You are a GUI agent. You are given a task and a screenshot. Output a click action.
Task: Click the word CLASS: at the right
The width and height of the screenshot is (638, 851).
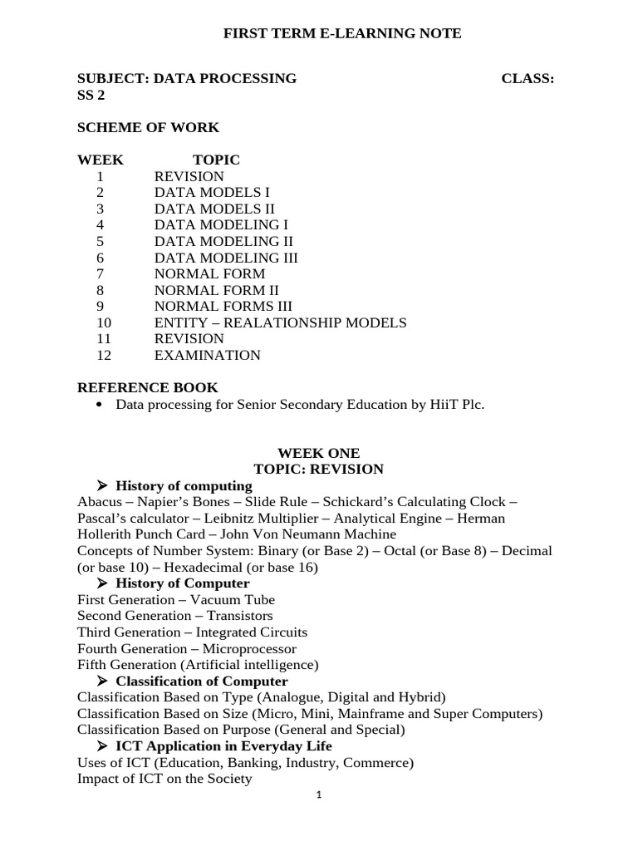point(528,79)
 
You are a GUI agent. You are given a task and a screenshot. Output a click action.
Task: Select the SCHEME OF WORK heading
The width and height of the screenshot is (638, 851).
point(148,128)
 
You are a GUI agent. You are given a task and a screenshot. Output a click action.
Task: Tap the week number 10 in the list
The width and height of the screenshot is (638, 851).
point(103,322)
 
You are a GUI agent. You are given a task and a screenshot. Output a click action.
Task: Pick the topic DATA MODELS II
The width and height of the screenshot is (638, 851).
point(214,209)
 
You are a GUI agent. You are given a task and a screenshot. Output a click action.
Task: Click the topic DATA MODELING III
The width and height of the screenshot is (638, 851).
point(226,258)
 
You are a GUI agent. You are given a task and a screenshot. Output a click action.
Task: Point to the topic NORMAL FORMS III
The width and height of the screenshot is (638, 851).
point(223,306)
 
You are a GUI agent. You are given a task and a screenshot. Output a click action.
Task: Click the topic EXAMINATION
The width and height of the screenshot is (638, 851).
point(207,355)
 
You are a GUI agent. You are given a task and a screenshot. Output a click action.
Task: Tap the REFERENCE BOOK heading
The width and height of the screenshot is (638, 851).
point(147,387)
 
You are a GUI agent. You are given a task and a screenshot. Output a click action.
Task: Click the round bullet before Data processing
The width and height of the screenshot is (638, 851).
point(101,405)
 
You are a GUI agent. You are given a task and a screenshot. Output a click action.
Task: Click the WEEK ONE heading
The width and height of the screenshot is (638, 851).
point(318,453)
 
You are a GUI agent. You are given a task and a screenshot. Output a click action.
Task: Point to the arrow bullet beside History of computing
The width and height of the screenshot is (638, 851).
point(103,485)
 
